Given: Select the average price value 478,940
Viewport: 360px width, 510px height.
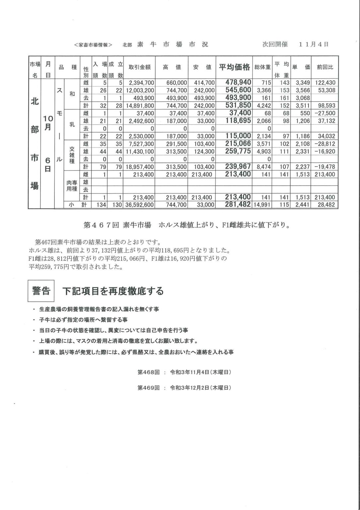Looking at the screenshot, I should pyautogui.click(x=238, y=82).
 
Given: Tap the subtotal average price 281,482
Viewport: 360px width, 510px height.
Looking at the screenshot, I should pyautogui.click(x=237, y=205).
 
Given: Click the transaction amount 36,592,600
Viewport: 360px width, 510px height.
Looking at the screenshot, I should pyautogui.click(x=139, y=205).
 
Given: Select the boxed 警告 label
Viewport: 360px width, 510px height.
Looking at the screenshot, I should pyautogui.click(x=41, y=291).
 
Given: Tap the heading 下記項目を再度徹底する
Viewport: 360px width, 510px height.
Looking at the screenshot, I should pyautogui.click(x=113, y=291).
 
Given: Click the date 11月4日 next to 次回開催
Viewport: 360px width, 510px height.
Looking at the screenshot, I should pyautogui.click(x=313, y=44).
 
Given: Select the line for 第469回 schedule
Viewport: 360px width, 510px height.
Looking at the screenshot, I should pyautogui.click(x=184, y=388).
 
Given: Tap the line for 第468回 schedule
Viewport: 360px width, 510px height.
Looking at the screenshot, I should pyautogui.click(x=184, y=373).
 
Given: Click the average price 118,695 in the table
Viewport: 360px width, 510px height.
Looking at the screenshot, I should pyautogui.click(x=238, y=121).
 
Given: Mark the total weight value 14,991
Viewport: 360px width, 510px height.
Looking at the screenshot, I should pyautogui.click(x=262, y=205).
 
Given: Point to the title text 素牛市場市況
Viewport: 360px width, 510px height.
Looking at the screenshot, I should pyautogui.click(x=173, y=44).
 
